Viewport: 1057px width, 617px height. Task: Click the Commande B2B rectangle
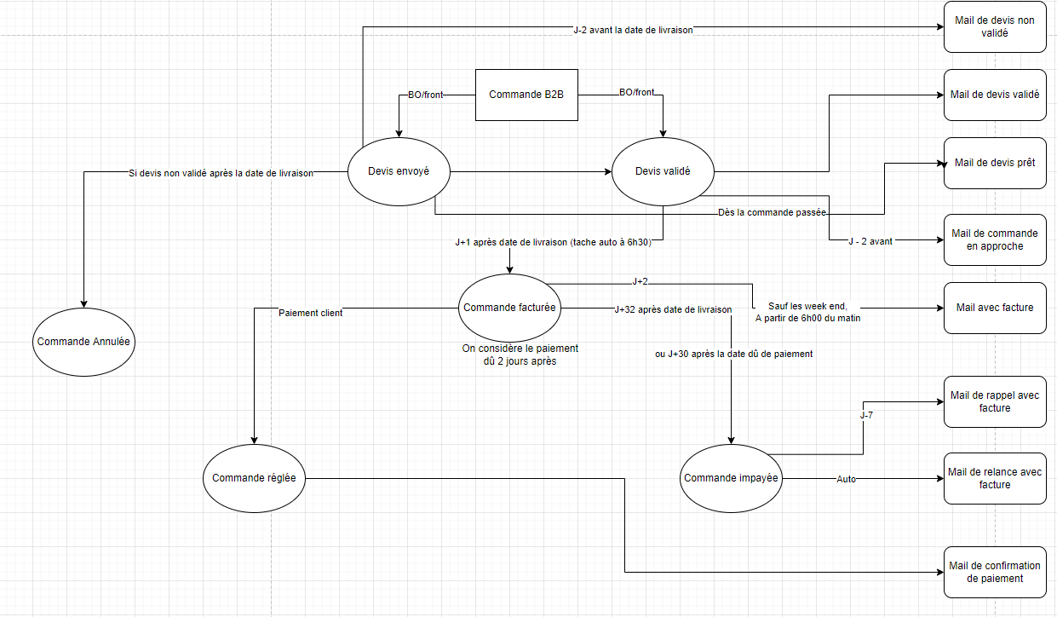pyautogui.click(x=526, y=95)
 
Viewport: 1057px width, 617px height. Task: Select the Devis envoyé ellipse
pyautogui.click(x=399, y=171)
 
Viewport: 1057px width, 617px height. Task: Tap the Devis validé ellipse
pyautogui.click(x=663, y=171)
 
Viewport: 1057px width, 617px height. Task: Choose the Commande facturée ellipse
pyautogui.click(x=509, y=308)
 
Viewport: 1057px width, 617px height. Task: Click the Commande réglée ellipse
pyautogui.click(x=254, y=478)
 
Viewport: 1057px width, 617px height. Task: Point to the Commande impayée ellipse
pyautogui.click(x=731, y=478)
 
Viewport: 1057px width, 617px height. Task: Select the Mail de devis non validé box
pyautogui.click(x=994, y=27)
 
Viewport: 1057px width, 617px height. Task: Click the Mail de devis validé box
pyautogui.click(x=994, y=95)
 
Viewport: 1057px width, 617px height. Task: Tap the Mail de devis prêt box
pyautogui.click(x=994, y=163)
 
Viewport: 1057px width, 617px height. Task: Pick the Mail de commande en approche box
pyautogui.click(x=994, y=239)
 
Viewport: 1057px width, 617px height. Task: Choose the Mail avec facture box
pyautogui.click(x=994, y=307)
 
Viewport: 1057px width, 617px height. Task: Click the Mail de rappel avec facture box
pyautogui.click(x=994, y=401)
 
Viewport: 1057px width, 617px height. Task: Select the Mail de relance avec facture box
pyautogui.click(x=994, y=478)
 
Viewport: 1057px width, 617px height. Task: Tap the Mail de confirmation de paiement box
pyautogui.click(x=994, y=572)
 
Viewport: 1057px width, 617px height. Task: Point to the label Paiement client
pyautogui.click(x=311, y=313)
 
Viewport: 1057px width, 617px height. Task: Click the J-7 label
pyautogui.click(x=865, y=415)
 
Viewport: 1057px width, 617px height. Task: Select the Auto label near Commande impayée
pyautogui.click(x=846, y=479)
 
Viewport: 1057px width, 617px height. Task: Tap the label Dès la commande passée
pyautogui.click(x=773, y=212)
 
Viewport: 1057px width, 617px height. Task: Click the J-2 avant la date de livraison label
pyautogui.click(x=633, y=30)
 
